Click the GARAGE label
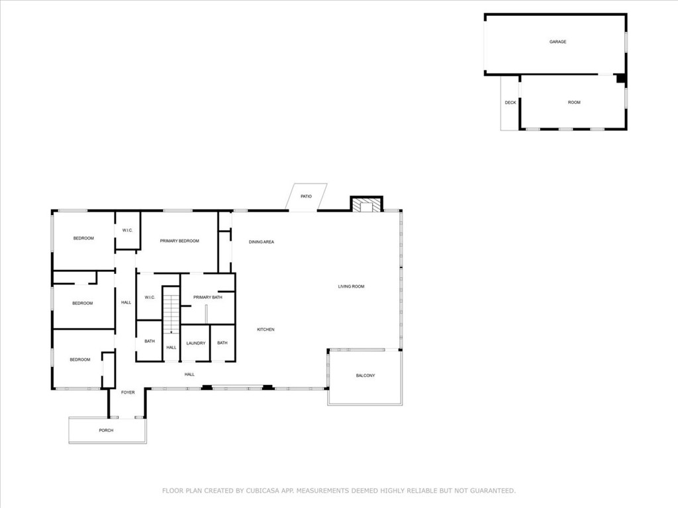click(x=557, y=42)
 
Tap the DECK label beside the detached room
click(x=510, y=103)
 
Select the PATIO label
click(x=306, y=196)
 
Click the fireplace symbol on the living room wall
click(x=366, y=206)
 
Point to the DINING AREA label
click(x=261, y=242)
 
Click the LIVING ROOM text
click(x=351, y=286)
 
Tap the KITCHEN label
click(x=266, y=329)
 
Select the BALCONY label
click(x=365, y=376)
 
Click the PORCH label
click(x=106, y=431)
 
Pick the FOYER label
click(x=128, y=392)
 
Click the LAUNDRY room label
click(x=195, y=343)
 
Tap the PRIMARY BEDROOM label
click(x=179, y=241)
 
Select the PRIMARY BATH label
click(x=207, y=298)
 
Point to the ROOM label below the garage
click(x=573, y=103)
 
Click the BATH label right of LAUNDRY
click(x=222, y=343)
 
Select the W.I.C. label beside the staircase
click(x=150, y=298)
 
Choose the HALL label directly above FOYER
click(x=189, y=374)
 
